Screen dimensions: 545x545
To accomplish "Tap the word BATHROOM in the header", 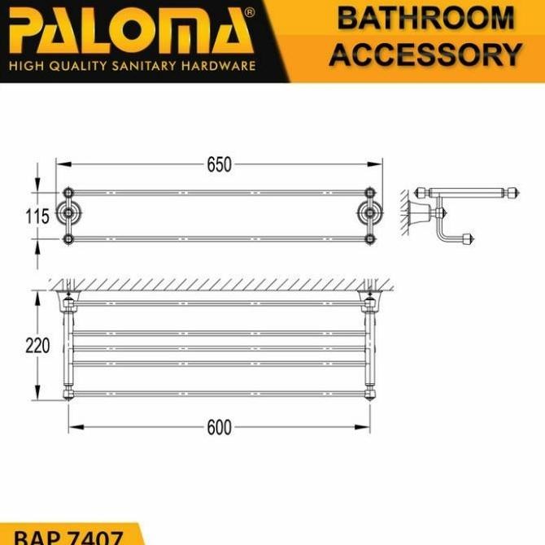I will pos(425,19).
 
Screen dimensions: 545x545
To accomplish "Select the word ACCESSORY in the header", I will pos(425,55).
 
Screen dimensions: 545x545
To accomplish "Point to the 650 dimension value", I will pos(219,164).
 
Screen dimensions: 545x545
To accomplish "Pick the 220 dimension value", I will pos(37,346).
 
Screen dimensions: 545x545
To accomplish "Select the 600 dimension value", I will pos(219,427).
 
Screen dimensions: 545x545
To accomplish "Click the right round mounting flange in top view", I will pos(370,216).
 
